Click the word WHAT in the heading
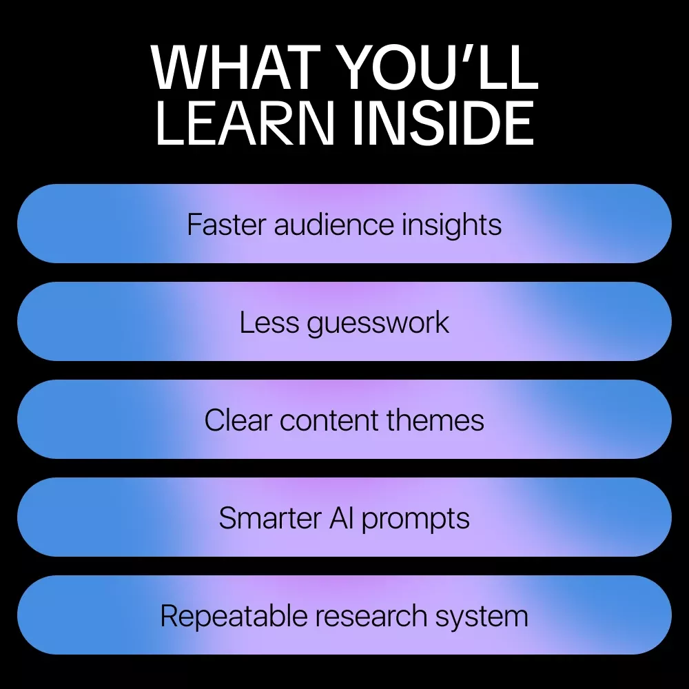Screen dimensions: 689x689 click(236, 67)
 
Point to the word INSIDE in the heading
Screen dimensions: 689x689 click(443, 123)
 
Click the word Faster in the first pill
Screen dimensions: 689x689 click(226, 225)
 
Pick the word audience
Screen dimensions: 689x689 click(334, 225)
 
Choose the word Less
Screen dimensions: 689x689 click(269, 322)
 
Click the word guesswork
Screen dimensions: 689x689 click(378, 323)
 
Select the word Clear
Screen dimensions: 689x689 click(238, 420)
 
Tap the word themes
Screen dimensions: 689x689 click(435, 420)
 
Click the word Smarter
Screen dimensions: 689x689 click(270, 518)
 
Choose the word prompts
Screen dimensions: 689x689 click(415, 520)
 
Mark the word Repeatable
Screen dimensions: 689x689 click(234, 617)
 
